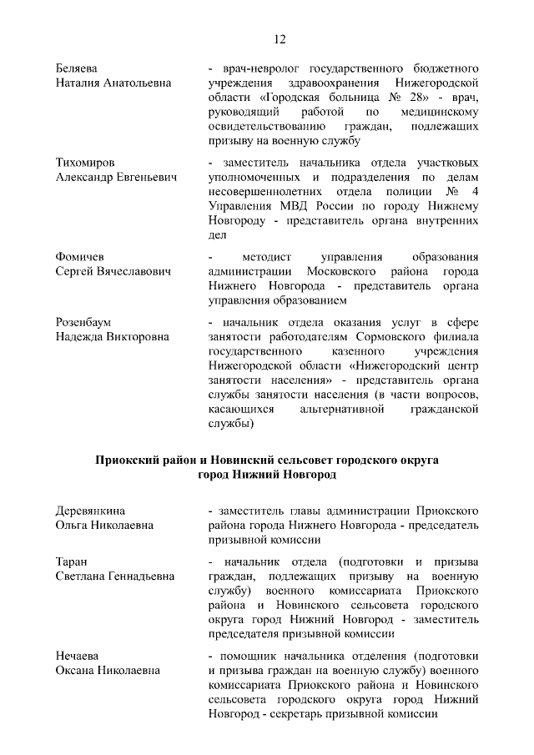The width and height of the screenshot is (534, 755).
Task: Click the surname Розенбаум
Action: click(83, 322)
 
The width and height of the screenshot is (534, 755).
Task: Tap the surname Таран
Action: click(72, 561)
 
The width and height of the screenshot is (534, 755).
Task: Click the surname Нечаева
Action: click(78, 655)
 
